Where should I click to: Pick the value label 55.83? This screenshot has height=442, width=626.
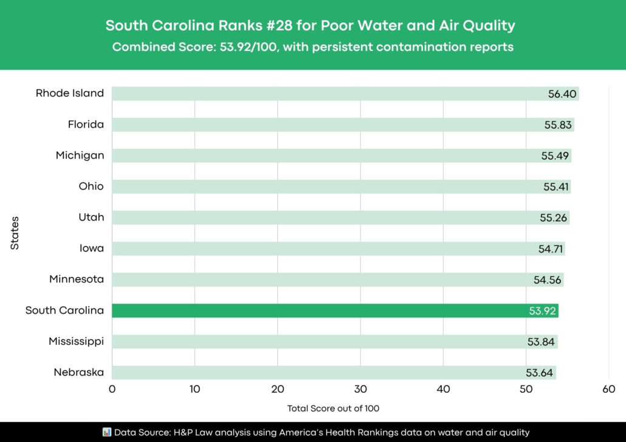coord(558,124)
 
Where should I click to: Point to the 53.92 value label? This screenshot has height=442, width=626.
coord(542,311)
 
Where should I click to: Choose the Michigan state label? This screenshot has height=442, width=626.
coord(80,155)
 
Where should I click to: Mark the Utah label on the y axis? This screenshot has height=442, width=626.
coord(91,217)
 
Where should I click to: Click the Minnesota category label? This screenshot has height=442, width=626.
coord(77,279)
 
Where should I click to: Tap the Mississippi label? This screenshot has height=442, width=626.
coord(76,342)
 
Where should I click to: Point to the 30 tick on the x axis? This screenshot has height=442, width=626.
coord(360,389)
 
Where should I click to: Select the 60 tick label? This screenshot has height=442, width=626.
coord(608,389)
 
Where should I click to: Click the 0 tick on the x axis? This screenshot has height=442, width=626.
coord(112,389)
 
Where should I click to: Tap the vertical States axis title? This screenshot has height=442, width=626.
coord(15,233)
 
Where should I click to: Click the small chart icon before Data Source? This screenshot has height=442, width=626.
coord(106,432)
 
